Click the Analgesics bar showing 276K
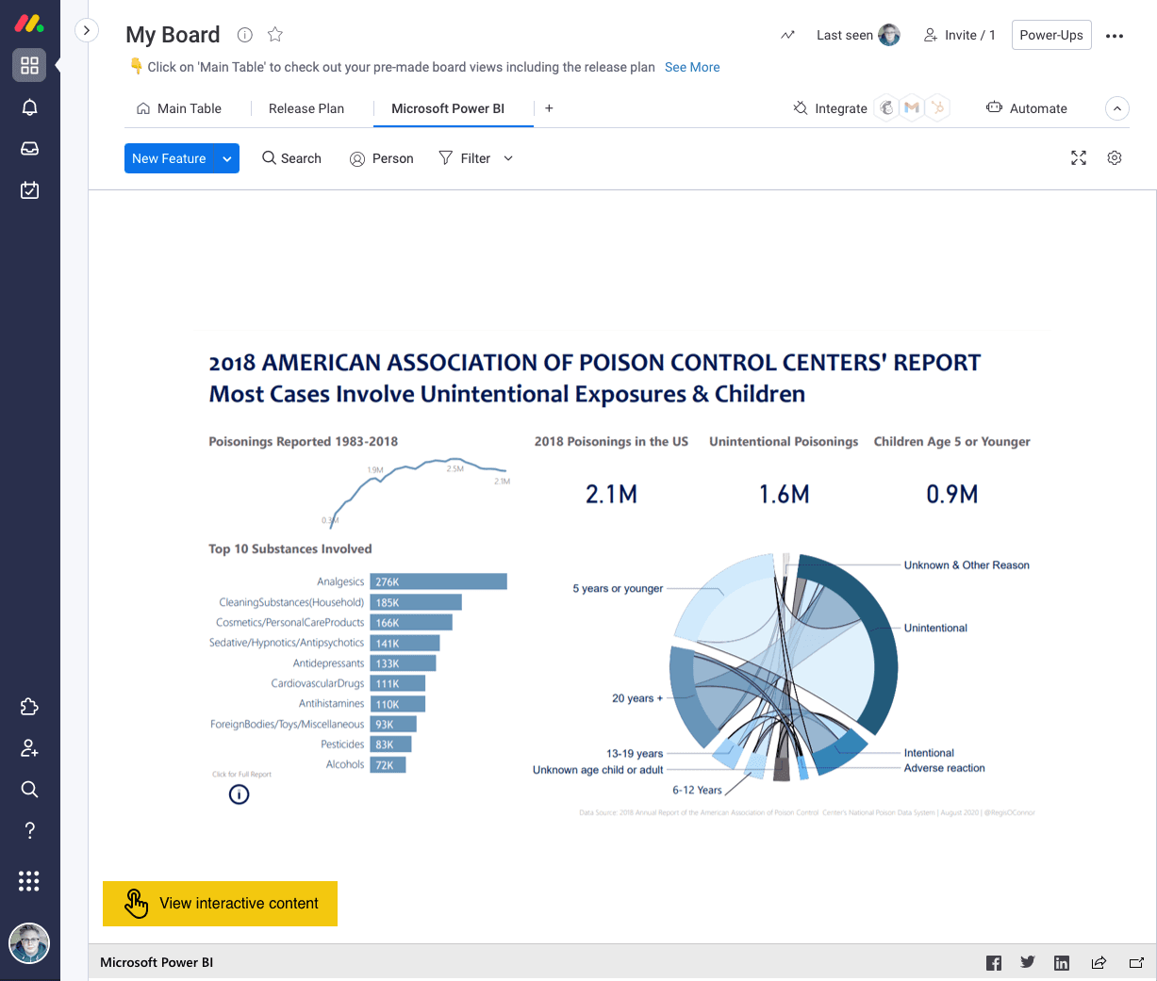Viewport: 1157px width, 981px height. tap(438, 581)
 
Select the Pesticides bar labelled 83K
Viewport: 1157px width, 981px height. tap(390, 744)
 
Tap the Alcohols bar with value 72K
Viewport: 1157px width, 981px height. tap(388, 765)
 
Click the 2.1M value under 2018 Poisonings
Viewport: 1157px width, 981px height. tap(611, 494)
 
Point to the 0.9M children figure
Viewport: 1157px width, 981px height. tap(951, 494)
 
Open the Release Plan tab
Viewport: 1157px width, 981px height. tap(306, 108)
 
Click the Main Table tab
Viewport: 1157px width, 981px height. tap(179, 108)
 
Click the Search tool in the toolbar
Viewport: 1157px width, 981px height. tap(291, 158)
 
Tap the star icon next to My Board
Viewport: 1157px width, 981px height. tap(275, 35)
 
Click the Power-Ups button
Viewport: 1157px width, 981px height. tap(1050, 35)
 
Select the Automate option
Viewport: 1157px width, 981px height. tap(1027, 108)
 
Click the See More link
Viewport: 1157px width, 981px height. tap(691, 67)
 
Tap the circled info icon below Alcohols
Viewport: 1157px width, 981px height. tap(240, 794)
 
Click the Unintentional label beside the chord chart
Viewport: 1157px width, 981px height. tap(934, 628)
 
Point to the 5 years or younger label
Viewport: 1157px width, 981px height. tap(618, 588)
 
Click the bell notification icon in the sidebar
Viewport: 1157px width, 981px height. tap(29, 107)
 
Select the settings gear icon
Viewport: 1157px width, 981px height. tap(1114, 158)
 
